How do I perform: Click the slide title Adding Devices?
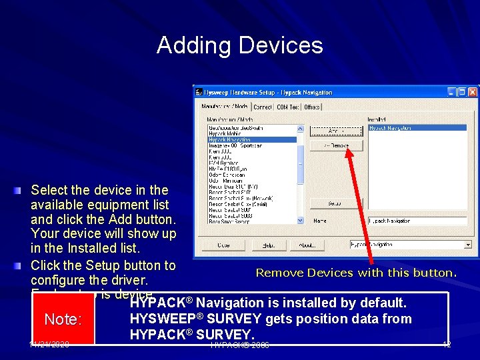pyautogui.click(x=240, y=45)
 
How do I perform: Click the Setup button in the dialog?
pyautogui.click(x=335, y=203)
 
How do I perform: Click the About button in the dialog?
pyautogui.click(x=307, y=245)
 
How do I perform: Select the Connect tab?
pyautogui.click(x=263, y=107)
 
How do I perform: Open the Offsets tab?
pyautogui.click(x=312, y=107)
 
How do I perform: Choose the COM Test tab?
pyautogui.click(x=288, y=107)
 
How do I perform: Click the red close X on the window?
pyautogui.click(x=472, y=92)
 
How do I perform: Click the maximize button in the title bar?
pyautogui.click(x=462, y=92)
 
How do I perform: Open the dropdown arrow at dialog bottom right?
pyautogui.click(x=468, y=245)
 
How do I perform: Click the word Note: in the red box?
pyautogui.click(x=63, y=319)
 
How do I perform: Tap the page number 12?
pyautogui.click(x=447, y=344)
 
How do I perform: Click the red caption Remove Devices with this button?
pyautogui.click(x=357, y=273)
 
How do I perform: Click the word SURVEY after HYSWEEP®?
pyautogui.click(x=231, y=319)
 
